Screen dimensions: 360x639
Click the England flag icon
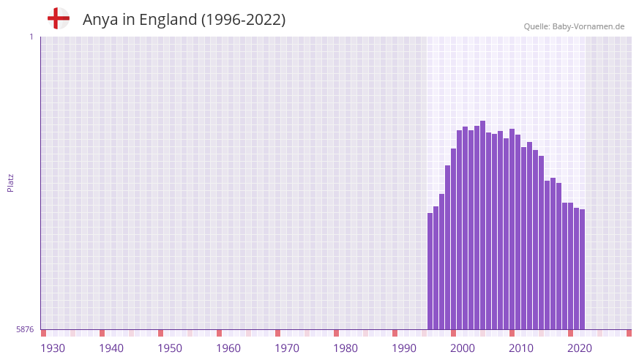(x=59, y=19)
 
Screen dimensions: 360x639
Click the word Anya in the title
(x=100, y=20)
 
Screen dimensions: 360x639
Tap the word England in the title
(x=167, y=20)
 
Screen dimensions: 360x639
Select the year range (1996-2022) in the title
(x=243, y=20)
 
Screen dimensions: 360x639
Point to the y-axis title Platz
(x=10, y=183)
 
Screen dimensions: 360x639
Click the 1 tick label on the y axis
(x=31, y=37)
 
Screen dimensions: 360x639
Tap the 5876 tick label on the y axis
(x=24, y=329)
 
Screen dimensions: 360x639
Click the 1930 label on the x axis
(x=53, y=348)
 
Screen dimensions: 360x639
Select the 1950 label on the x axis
(x=170, y=348)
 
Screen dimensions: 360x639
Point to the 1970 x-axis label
(x=287, y=348)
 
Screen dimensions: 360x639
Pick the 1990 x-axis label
(x=404, y=348)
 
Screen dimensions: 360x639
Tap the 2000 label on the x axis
(x=463, y=348)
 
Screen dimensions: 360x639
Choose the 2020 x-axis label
(x=580, y=348)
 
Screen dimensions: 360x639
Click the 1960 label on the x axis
(x=228, y=348)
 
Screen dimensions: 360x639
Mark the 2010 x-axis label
(x=521, y=348)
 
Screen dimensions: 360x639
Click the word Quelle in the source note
(x=537, y=26)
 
